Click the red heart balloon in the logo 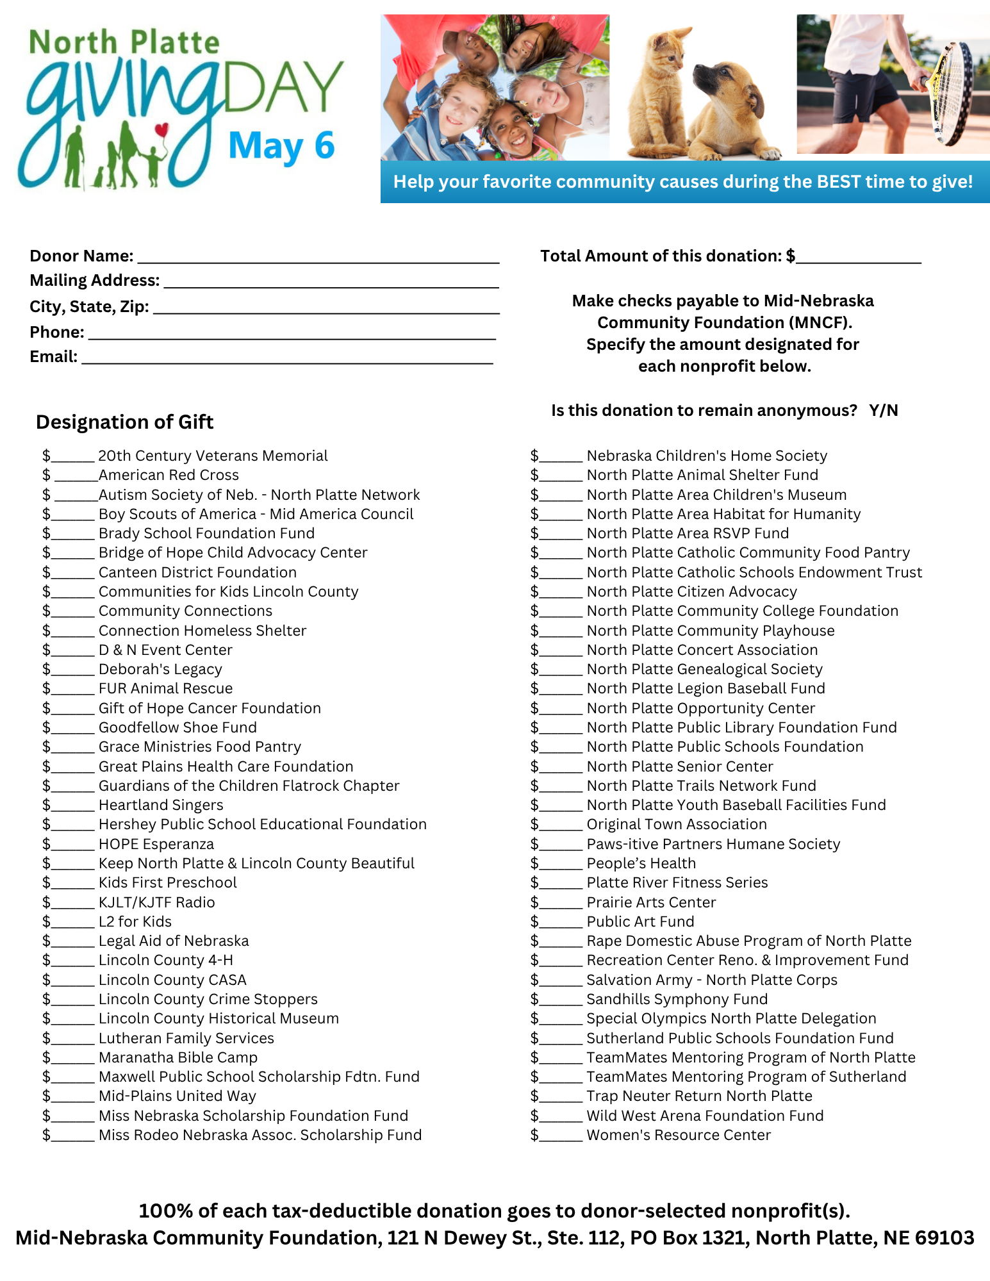click(x=162, y=130)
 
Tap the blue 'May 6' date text click(x=281, y=146)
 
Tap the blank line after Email click(x=287, y=359)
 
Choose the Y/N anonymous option click(x=884, y=411)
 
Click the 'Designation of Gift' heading click(x=125, y=422)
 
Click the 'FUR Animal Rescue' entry click(x=165, y=689)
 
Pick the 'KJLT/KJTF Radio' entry click(x=156, y=903)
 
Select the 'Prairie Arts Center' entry click(x=651, y=903)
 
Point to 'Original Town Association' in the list click(x=677, y=825)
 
